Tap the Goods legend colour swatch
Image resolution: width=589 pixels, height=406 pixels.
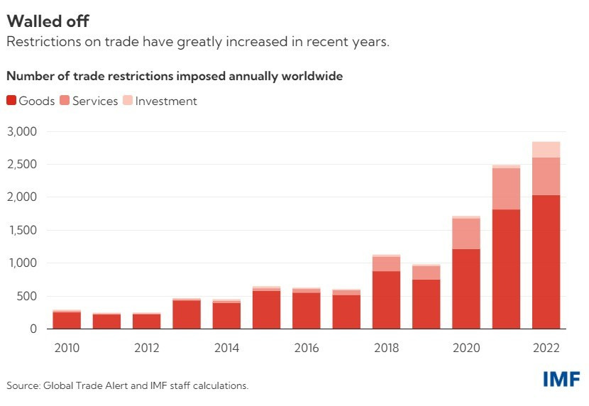pos(11,101)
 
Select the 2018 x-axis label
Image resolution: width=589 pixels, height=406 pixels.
pos(386,348)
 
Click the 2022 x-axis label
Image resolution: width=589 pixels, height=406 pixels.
pos(546,348)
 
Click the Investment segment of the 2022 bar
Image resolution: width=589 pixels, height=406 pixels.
pos(546,149)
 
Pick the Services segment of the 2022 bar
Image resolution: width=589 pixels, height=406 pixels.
pos(546,176)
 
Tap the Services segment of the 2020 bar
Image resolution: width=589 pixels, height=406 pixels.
pos(466,234)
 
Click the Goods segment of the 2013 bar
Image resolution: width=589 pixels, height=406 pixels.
pos(187,314)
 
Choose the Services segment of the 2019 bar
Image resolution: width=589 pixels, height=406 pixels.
pos(426,273)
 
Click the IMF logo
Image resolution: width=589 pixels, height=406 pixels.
pos(561,380)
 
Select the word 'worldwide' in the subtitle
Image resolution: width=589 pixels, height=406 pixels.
pos(312,76)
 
